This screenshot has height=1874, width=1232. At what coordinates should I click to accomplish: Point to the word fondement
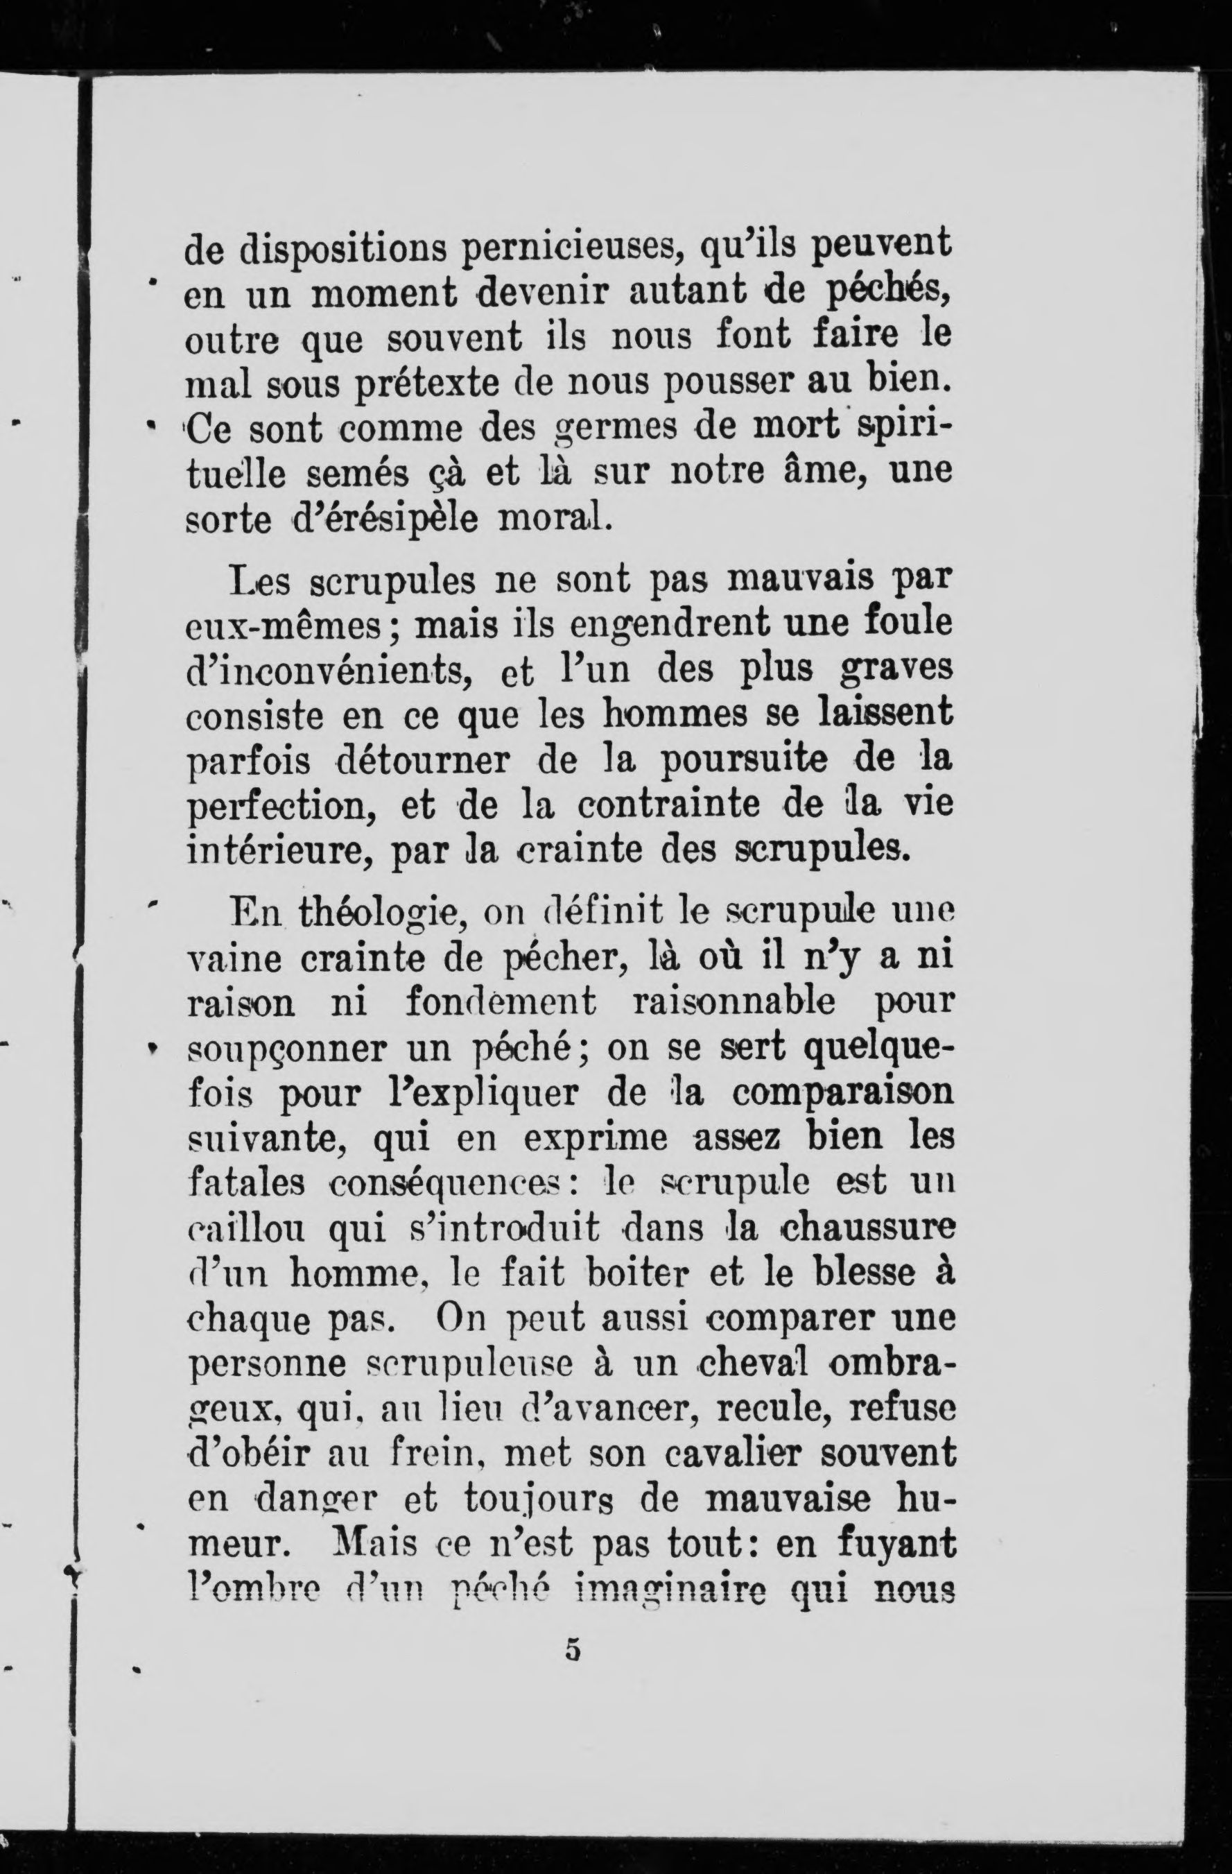(x=501, y=1003)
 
